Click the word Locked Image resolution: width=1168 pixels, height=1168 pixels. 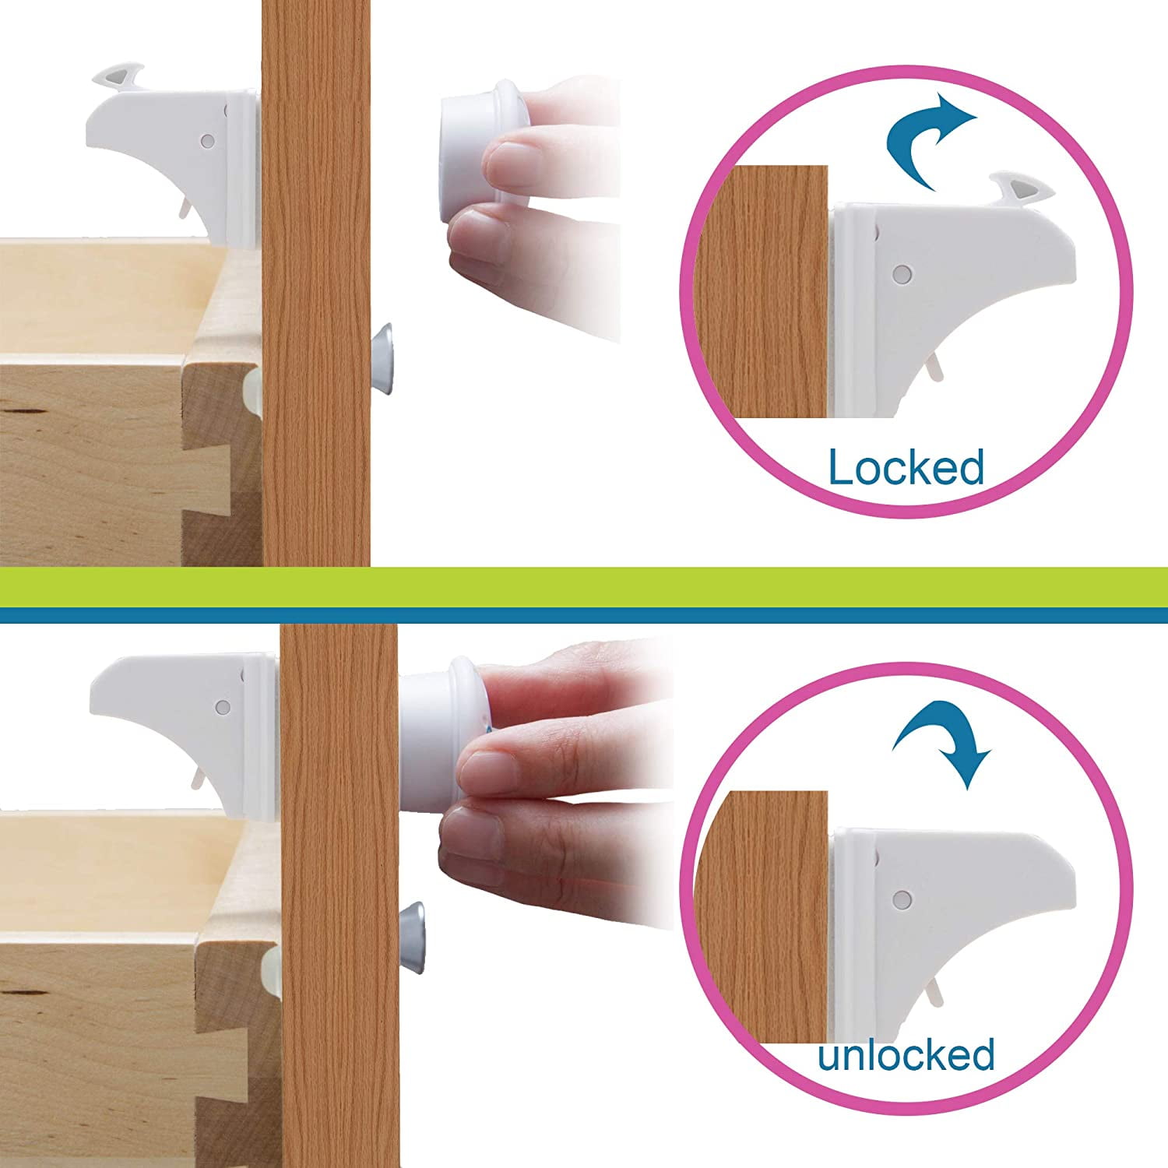click(906, 468)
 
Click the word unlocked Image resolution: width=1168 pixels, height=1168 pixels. click(906, 1055)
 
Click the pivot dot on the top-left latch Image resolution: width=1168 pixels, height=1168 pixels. click(207, 142)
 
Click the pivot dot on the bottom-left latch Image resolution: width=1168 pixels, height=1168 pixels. click(222, 708)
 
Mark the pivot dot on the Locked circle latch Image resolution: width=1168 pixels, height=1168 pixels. click(902, 274)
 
